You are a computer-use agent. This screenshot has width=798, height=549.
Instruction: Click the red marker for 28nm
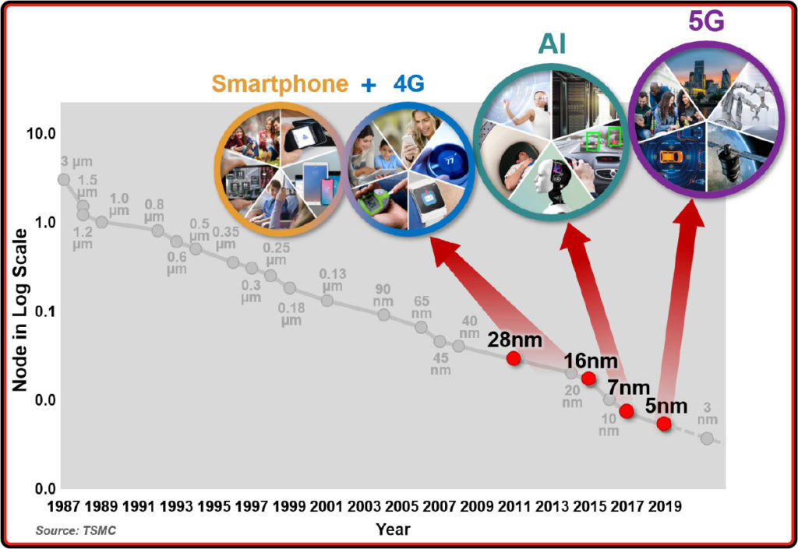514,358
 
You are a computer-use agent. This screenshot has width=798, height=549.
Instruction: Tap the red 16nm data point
588,378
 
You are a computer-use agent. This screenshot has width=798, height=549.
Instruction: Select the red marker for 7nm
627,410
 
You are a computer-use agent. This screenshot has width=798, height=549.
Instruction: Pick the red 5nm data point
664,424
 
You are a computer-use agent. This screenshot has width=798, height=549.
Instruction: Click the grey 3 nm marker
707,438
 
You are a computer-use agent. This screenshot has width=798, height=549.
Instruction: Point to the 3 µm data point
64,179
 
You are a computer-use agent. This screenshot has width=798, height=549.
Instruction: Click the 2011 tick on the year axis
514,506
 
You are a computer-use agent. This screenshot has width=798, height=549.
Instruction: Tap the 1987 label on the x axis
64,506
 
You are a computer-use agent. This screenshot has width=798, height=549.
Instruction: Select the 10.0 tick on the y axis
41,134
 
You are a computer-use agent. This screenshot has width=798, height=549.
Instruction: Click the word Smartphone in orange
280,84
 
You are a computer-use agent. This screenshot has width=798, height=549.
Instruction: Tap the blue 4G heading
408,83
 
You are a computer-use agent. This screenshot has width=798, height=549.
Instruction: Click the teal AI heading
553,44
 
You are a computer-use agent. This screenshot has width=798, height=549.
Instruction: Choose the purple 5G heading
706,21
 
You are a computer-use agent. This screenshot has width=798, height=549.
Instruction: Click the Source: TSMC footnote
76,531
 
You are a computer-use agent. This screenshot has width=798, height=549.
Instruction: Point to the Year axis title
393,530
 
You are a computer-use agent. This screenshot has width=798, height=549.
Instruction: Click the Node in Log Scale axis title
19,310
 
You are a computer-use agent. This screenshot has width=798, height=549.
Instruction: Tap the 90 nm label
383,295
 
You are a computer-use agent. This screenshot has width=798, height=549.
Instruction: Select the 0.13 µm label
332,280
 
